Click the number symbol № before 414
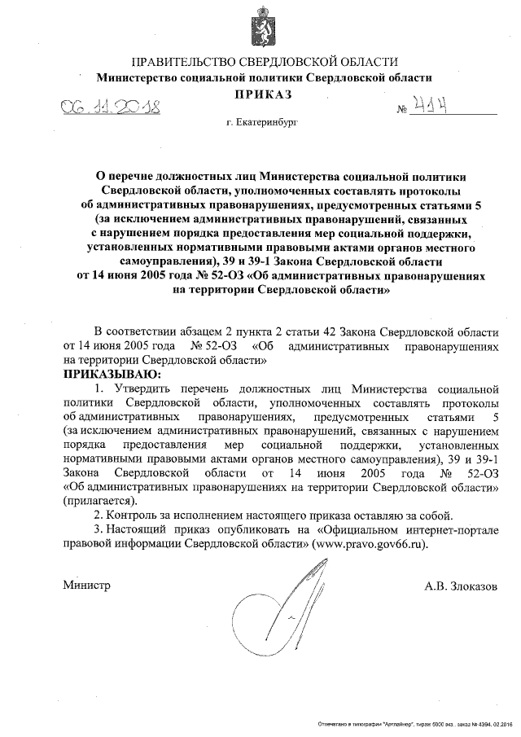(401, 110)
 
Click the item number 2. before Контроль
(99, 515)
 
